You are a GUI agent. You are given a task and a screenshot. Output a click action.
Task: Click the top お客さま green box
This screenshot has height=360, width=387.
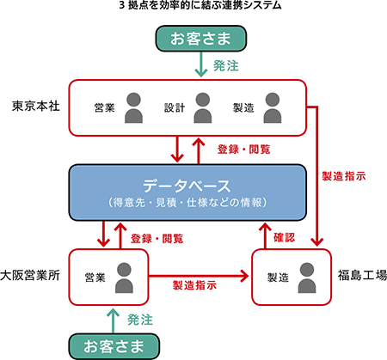[201, 39]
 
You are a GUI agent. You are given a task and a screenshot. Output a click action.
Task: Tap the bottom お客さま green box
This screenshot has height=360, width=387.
[114, 346]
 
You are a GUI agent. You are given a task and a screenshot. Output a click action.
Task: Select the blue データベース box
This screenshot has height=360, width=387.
[187, 192]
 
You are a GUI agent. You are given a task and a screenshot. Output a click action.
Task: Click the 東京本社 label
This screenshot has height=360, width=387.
[36, 106]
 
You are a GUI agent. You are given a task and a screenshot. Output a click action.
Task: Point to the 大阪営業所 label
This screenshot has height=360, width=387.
[30, 275]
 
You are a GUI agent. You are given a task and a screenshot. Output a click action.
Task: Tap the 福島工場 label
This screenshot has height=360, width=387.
[362, 275]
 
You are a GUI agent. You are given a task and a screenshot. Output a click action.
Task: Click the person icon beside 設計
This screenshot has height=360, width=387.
[203, 107]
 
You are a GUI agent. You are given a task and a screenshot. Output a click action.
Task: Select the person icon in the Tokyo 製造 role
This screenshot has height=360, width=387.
[273, 107]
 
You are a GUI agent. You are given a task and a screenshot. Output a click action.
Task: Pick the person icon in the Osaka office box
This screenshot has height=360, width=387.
[124, 278]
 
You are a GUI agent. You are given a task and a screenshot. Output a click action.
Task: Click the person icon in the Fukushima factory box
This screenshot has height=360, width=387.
[307, 278]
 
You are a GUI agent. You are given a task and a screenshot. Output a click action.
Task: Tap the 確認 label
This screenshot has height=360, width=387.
[284, 237]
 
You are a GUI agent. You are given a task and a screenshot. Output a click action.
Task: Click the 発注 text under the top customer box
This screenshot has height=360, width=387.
[226, 66]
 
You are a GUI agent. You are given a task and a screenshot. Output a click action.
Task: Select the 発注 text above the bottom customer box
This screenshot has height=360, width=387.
[140, 320]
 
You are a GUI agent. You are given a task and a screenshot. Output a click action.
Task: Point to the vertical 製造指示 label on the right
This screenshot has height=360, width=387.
[344, 176]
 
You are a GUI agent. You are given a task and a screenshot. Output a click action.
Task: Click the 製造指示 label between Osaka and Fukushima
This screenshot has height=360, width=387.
[194, 285]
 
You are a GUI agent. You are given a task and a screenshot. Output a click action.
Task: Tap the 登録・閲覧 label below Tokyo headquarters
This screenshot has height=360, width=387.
[243, 149]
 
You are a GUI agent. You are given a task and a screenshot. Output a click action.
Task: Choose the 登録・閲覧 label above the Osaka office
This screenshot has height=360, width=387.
[157, 238]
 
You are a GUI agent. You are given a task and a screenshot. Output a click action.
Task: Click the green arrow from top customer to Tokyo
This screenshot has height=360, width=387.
[201, 64]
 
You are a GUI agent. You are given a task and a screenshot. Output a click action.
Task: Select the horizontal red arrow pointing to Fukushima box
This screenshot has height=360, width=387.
[199, 276]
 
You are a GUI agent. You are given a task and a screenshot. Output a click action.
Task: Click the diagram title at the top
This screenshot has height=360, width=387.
[200, 5]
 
